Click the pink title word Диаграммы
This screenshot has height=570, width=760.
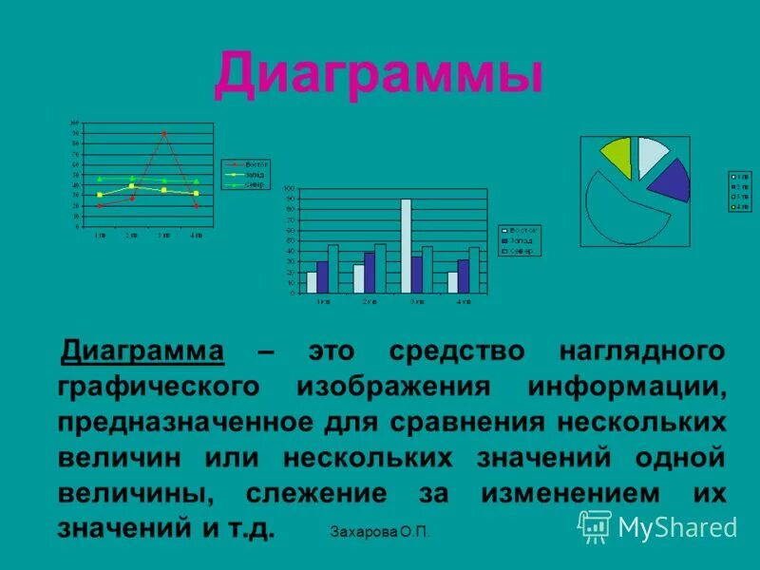point(378,75)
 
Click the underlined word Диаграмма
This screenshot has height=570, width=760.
point(142,351)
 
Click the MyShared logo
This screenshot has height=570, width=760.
point(657,526)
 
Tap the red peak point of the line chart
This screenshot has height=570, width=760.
point(163,134)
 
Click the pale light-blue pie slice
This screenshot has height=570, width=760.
point(651,155)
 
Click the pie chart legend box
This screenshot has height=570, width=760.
point(739,191)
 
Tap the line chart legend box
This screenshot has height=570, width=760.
point(244,175)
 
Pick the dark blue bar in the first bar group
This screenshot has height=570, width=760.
point(322,276)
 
